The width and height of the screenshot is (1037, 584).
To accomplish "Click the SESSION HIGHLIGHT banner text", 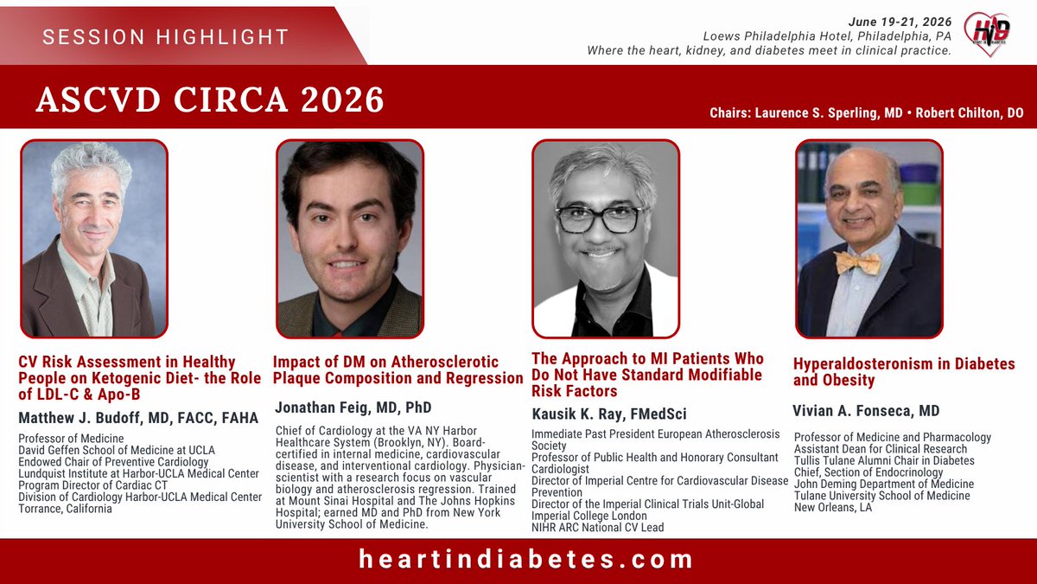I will point(165,36).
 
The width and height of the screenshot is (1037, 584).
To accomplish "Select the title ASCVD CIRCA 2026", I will point(210,99).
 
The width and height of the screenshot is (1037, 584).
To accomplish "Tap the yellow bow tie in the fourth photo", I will point(858,262).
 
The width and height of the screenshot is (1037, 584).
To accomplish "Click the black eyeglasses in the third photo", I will point(599,219).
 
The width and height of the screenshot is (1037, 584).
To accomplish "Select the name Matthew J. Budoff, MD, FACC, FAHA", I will point(138,418).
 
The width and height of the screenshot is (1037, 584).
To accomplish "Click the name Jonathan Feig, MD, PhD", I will point(353,407).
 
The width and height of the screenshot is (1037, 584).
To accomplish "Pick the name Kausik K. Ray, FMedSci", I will point(609,414).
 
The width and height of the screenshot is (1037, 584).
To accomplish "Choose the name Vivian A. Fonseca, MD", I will point(865,410).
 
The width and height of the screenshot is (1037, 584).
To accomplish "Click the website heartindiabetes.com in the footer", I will point(526,559).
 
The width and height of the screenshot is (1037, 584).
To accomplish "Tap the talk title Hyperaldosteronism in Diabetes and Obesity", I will point(903,372).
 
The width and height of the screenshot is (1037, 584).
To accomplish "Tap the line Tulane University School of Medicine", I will point(881,496).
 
